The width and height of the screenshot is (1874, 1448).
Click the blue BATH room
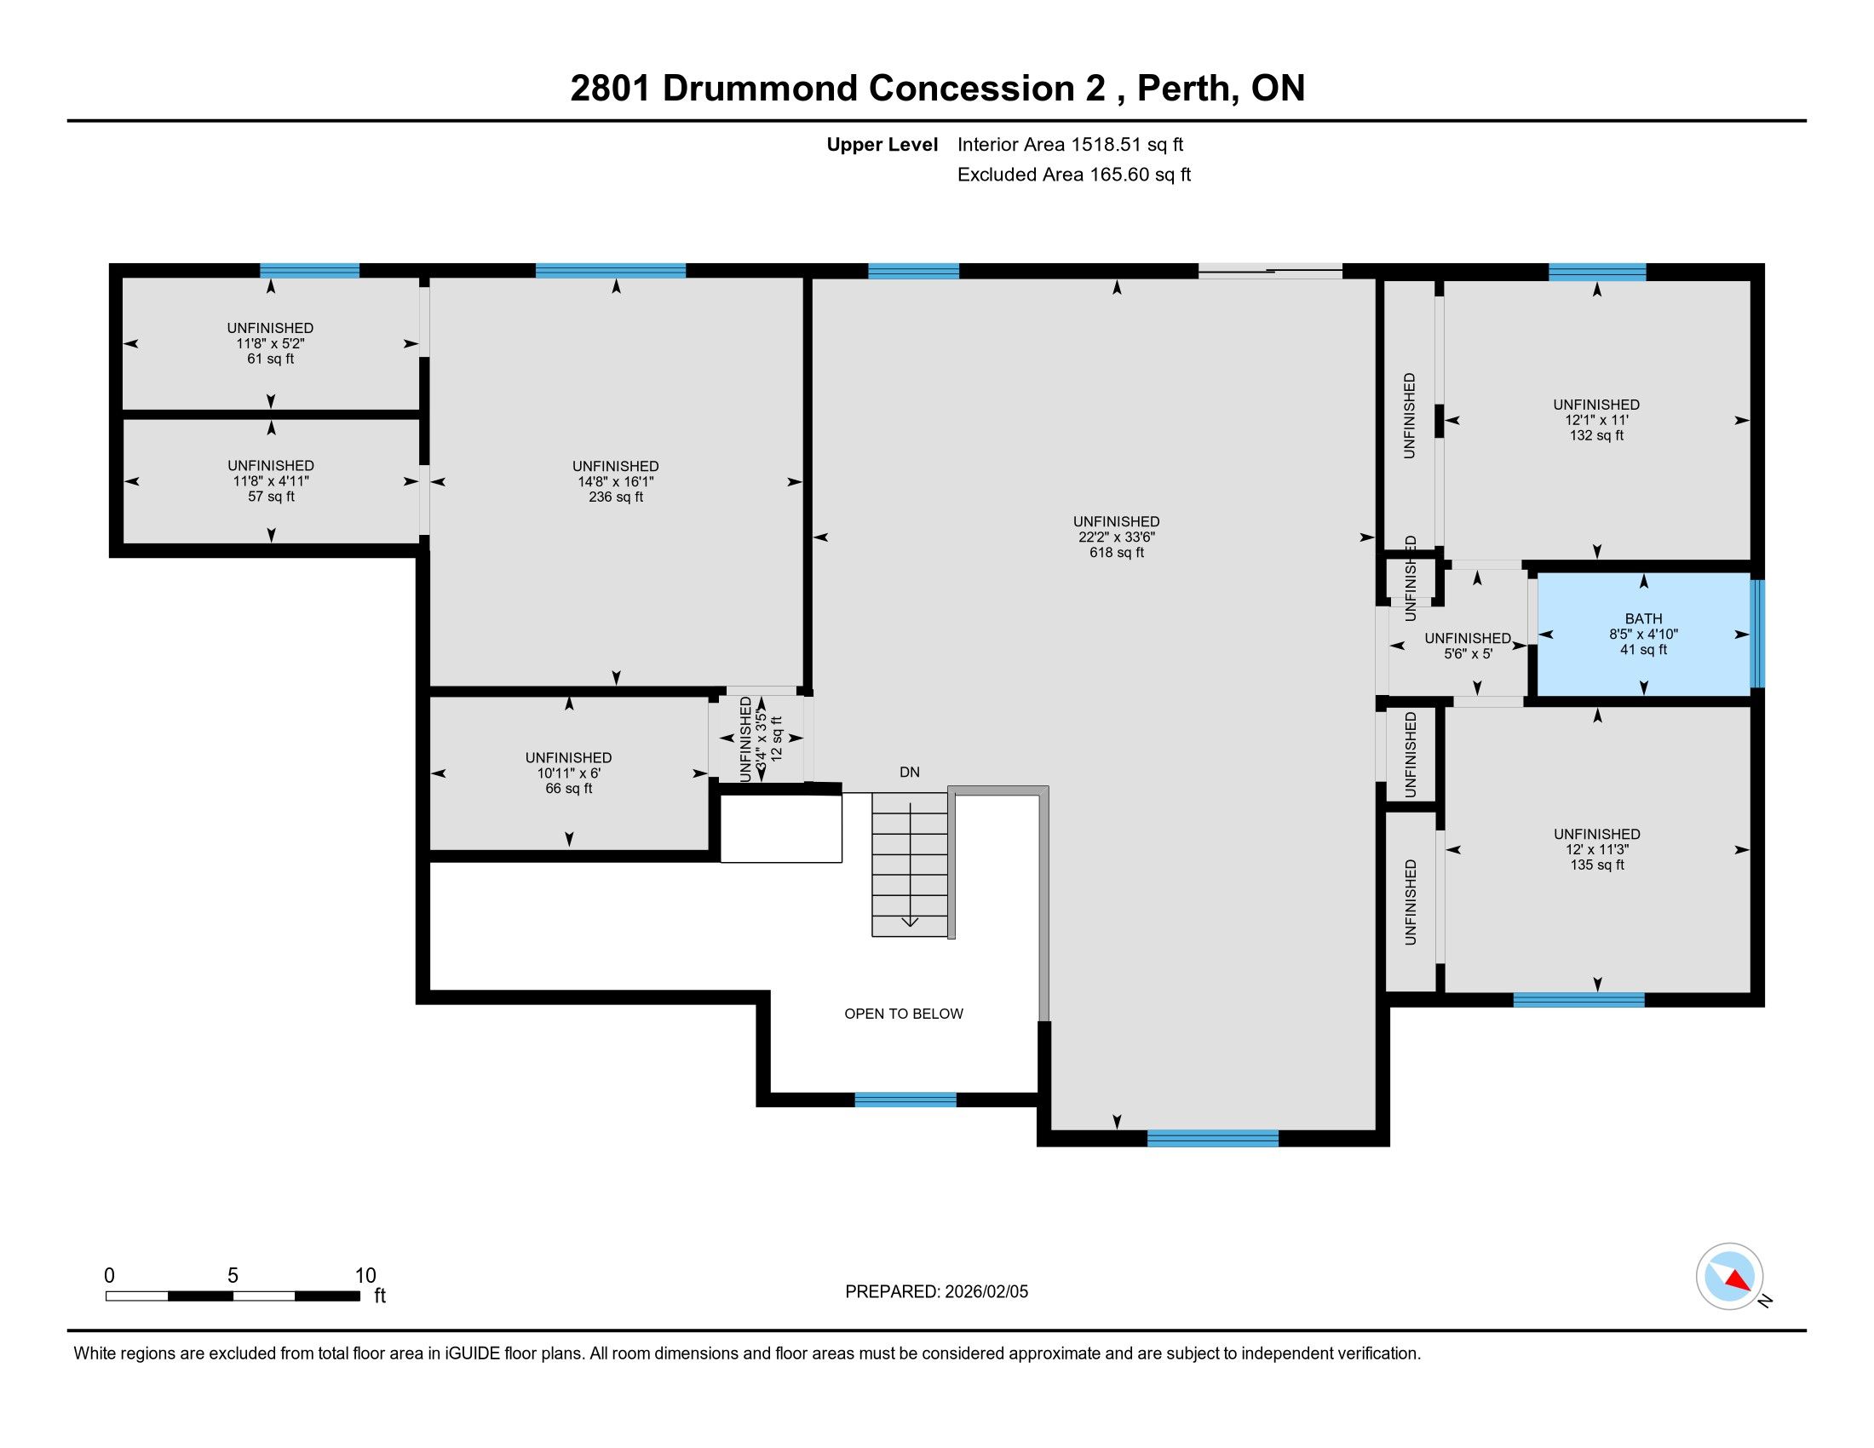click(x=1643, y=634)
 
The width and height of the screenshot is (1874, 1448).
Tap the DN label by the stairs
click(x=910, y=772)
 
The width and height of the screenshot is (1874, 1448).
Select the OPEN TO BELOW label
click(x=904, y=1014)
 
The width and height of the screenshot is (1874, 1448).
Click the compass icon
click(x=1729, y=1276)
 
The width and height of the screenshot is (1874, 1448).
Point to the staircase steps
click(x=910, y=865)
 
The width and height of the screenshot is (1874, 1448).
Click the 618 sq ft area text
click(x=1117, y=553)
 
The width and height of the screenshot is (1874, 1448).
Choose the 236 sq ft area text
click(x=615, y=497)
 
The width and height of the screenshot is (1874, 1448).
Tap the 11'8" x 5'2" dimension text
click(x=270, y=343)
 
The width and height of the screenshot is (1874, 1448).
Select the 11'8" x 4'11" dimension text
click(x=270, y=481)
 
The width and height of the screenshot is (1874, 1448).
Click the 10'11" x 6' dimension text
click(x=568, y=773)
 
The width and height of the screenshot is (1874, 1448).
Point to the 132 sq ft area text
click(x=1596, y=435)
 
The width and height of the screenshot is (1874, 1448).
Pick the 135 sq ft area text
click(x=1597, y=865)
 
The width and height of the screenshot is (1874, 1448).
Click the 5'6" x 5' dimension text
click(x=1469, y=653)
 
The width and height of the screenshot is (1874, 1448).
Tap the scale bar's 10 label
click(x=365, y=1275)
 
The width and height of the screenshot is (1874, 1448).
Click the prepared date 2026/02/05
click(x=986, y=1292)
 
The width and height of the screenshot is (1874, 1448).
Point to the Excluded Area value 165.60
click(x=1119, y=174)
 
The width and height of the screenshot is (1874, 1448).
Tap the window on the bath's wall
click(x=1757, y=634)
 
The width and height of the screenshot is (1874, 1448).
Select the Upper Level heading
click(x=882, y=144)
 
